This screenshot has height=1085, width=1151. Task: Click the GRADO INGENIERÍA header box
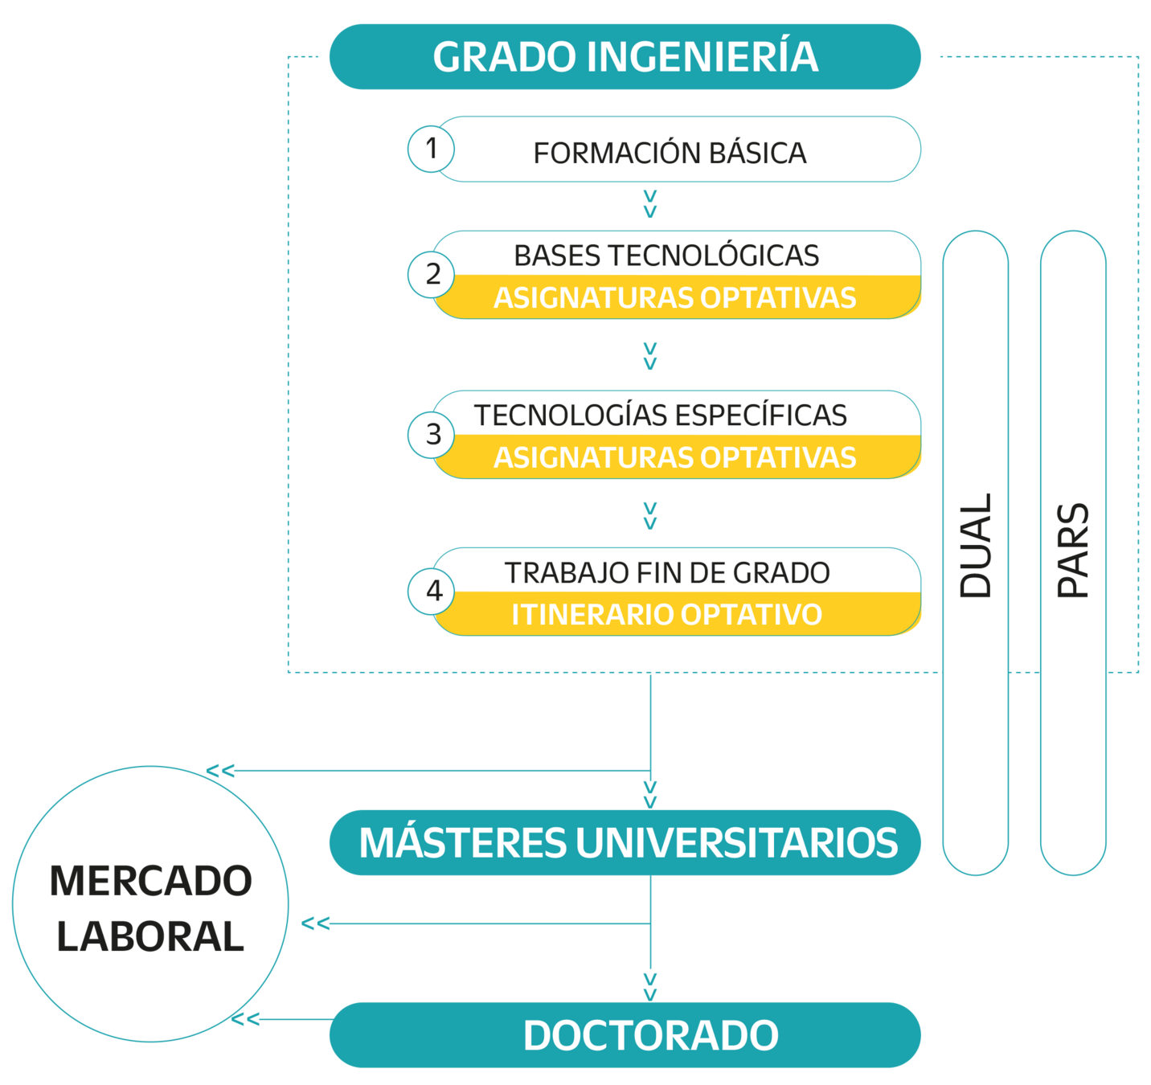(x=625, y=57)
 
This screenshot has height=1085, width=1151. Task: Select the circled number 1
(x=431, y=149)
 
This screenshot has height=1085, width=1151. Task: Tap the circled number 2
(x=431, y=275)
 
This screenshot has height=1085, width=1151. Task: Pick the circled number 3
(x=431, y=435)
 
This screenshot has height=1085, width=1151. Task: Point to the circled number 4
(x=431, y=592)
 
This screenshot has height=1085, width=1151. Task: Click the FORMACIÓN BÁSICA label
(x=670, y=153)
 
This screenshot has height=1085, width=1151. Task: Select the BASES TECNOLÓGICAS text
(x=666, y=256)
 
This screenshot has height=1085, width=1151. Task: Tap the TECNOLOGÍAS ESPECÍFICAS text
(x=661, y=415)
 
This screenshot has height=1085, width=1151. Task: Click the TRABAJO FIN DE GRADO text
(x=667, y=572)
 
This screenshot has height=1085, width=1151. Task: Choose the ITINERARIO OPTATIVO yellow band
(x=676, y=614)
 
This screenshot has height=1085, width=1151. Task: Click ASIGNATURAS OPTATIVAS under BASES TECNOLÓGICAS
(x=674, y=298)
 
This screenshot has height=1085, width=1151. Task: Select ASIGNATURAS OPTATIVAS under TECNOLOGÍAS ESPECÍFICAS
(x=674, y=457)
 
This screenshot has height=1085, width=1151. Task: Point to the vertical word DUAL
(x=976, y=546)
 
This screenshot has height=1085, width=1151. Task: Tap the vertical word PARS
(x=1073, y=550)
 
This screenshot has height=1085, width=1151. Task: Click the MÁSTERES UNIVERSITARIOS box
(x=625, y=843)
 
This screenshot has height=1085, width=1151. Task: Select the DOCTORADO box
(x=625, y=1035)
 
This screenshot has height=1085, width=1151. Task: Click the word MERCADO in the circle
(x=150, y=881)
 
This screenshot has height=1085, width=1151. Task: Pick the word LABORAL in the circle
(x=150, y=936)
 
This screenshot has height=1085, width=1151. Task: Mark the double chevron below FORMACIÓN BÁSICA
(x=650, y=203)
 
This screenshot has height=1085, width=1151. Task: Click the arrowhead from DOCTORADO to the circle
(x=245, y=1020)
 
